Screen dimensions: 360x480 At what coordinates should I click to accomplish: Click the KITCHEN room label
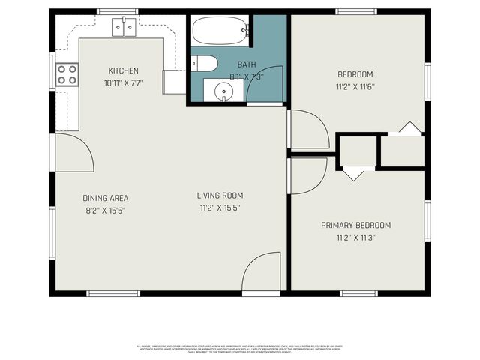click(x=123, y=71)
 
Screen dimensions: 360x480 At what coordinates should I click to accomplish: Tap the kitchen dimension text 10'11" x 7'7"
click(x=123, y=83)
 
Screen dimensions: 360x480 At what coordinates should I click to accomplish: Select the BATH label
click(x=247, y=65)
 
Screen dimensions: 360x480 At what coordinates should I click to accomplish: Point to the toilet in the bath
click(x=203, y=63)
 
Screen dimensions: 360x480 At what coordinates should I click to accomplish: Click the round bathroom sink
click(x=223, y=91)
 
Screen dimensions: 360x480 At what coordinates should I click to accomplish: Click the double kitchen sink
click(x=124, y=28)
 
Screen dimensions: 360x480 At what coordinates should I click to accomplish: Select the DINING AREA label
click(x=105, y=199)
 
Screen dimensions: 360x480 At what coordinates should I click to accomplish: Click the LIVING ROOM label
click(x=220, y=196)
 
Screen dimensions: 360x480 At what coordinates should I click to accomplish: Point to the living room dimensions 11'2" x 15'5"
click(x=220, y=208)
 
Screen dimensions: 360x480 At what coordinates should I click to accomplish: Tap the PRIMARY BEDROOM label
click(x=355, y=225)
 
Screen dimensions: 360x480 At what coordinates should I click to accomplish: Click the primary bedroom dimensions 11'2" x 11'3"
click(x=355, y=238)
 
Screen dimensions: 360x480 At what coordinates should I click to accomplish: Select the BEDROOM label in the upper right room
click(x=355, y=74)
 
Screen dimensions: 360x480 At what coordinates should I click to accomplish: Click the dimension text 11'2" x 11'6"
click(x=355, y=86)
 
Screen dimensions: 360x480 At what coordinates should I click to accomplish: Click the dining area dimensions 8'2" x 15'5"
click(x=105, y=211)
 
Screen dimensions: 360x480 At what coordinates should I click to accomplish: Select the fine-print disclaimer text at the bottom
click(x=239, y=348)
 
